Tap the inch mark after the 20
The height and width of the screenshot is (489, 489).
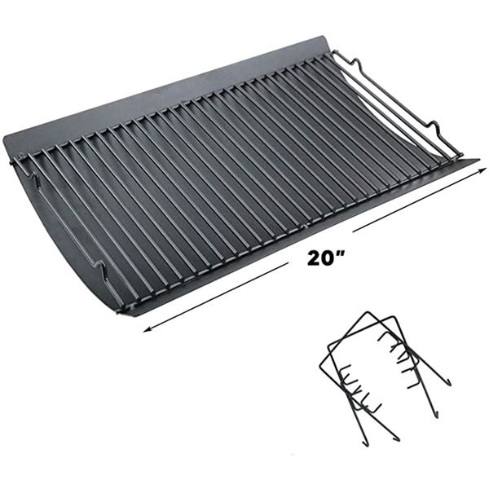tap(341, 253)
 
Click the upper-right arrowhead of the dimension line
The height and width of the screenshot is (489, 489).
tap(482, 170)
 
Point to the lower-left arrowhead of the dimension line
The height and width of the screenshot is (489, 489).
tap(147, 329)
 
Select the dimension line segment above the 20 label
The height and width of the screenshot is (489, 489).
tap(419, 200)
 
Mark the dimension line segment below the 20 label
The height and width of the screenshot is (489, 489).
tap(215, 297)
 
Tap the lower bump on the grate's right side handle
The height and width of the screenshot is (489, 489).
tap(435, 126)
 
